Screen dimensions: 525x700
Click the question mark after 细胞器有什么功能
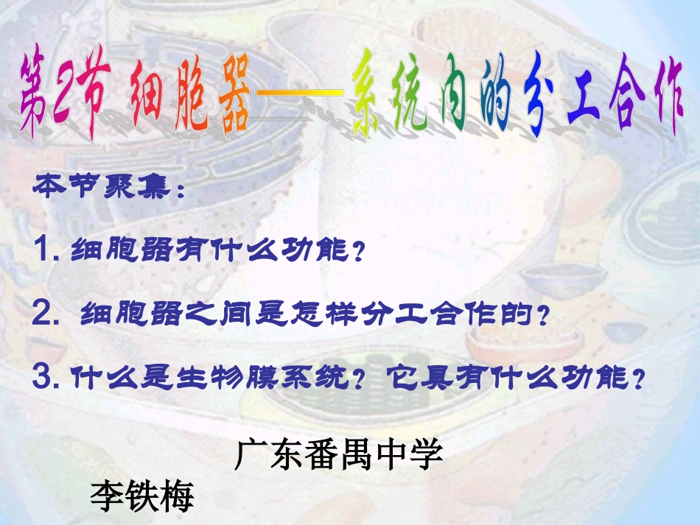tap(358, 254)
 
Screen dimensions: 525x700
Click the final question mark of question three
tap(639, 381)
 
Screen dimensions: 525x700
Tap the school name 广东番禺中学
tap(339, 454)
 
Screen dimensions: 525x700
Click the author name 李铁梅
tap(141, 496)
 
